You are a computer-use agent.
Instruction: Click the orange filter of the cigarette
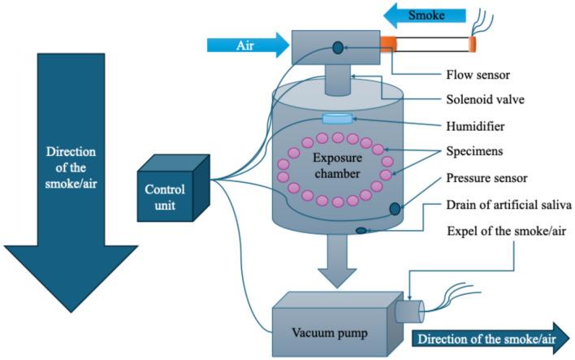[388, 41]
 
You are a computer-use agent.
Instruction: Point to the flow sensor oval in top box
[337, 50]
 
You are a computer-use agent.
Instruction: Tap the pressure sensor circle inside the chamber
[394, 209]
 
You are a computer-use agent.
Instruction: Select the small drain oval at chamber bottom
[361, 232]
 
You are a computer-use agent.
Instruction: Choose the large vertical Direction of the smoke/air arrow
[71, 179]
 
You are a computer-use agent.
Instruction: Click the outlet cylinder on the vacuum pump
[411, 313]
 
